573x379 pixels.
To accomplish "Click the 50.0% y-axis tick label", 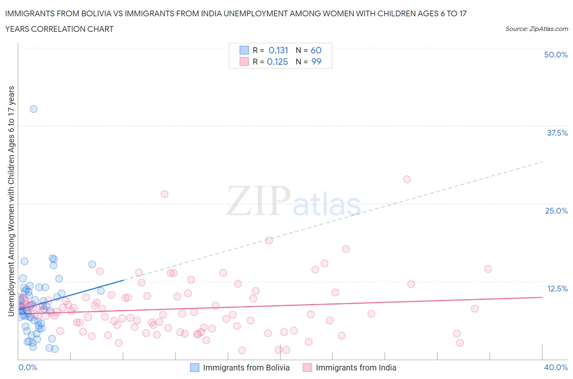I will (x=555, y=55).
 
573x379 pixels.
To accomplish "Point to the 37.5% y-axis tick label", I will (x=557, y=133).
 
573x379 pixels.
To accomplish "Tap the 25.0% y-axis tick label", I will (x=556, y=211).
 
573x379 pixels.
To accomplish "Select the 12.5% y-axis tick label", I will (x=557, y=289).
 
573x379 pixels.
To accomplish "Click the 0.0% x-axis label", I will (x=28, y=367).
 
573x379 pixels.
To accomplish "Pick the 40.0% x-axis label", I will (x=555, y=367).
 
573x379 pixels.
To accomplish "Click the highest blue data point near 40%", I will (x=33, y=109).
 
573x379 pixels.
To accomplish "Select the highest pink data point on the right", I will (x=407, y=179).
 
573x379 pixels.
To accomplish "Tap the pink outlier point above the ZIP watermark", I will (x=164, y=194).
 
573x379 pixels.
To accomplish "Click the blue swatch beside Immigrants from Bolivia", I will (x=195, y=368).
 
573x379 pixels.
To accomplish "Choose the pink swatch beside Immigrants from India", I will (x=307, y=368).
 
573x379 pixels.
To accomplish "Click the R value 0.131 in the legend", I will (x=278, y=50).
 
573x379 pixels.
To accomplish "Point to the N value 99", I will (x=316, y=62).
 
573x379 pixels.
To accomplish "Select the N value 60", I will (x=316, y=50).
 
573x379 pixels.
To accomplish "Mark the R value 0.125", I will (x=277, y=62).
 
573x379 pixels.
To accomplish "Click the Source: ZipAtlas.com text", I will (x=536, y=29).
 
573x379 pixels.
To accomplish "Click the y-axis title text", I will (x=11, y=201).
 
